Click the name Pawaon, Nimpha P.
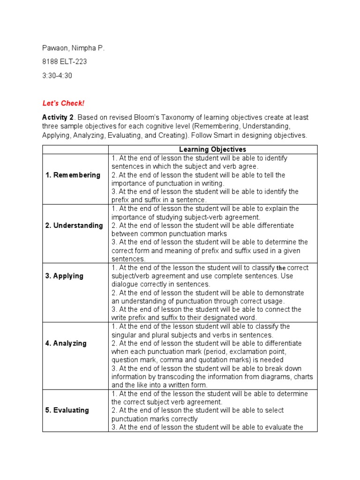70,48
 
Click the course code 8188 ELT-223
64,61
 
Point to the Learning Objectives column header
213,150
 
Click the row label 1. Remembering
73,175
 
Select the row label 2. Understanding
74,225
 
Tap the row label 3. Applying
64,276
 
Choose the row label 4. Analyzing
66,343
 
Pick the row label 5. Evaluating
67,410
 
